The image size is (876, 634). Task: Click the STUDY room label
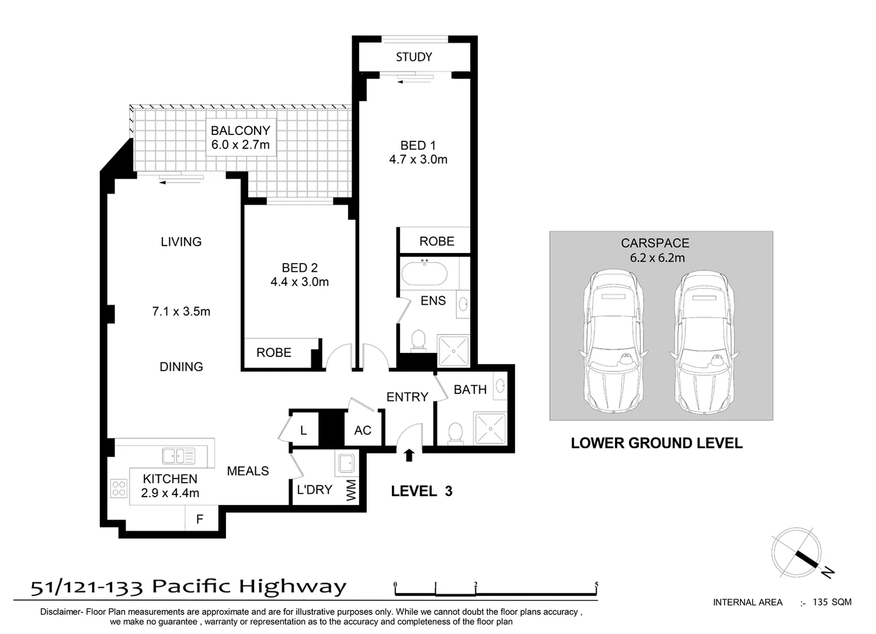click(x=414, y=57)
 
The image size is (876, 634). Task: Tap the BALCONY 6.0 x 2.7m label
click(x=241, y=137)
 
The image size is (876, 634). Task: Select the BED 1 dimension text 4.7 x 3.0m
click(x=418, y=160)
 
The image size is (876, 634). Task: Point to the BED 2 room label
click(x=300, y=268)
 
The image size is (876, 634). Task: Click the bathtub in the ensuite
click(x=424, y=273)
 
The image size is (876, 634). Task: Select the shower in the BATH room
click(x=489, y=428)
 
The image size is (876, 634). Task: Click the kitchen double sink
click(x=179, y=456)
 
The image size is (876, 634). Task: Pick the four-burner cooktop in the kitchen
click(x=119, y=488)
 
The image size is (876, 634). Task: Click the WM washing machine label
click(x=351, y=490)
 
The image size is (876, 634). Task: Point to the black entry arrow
click(x=409, y=455)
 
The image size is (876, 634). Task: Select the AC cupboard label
click(x=363, y=430)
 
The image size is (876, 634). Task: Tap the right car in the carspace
click(x=704, y=341)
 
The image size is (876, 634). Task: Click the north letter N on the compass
click(x=828, y=572)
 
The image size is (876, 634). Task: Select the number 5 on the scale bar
click(x=596, y=584)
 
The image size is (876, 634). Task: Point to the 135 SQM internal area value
click(x=832, y=602)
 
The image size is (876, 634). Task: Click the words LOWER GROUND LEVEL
click(x=657, y=443)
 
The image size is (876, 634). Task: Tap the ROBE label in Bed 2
click(x=274, y=353)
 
